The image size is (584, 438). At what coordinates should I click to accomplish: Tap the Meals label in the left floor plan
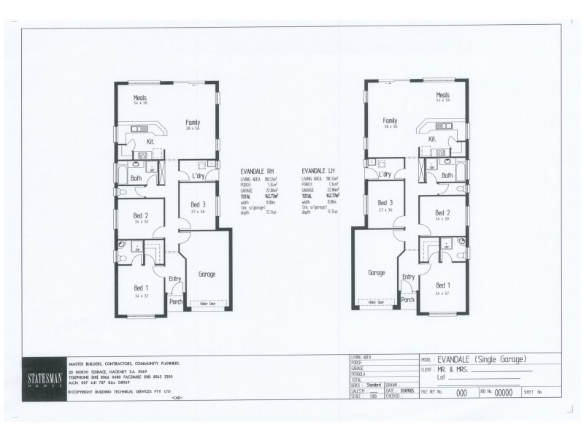click(140, 97)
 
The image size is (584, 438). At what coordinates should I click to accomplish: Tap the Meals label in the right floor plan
click(443, 95)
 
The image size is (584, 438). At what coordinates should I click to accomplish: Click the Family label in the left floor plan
click(193, 123)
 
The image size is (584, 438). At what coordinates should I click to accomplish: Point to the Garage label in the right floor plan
click(377, 272)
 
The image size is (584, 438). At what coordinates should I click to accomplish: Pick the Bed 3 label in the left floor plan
click(198, 204)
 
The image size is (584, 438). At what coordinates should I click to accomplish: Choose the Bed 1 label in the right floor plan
click(443, 285)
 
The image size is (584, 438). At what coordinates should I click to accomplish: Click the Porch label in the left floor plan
click(176, 301)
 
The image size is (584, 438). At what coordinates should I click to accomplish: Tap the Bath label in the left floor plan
click(136, 178)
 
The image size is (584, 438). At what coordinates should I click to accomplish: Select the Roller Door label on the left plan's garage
click(207, 303)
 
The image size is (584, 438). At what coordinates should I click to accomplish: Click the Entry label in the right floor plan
click(408, 277)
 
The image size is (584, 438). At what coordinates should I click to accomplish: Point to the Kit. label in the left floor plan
click(151, 141)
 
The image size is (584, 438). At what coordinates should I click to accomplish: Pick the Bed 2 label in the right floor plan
click(443, 213)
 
